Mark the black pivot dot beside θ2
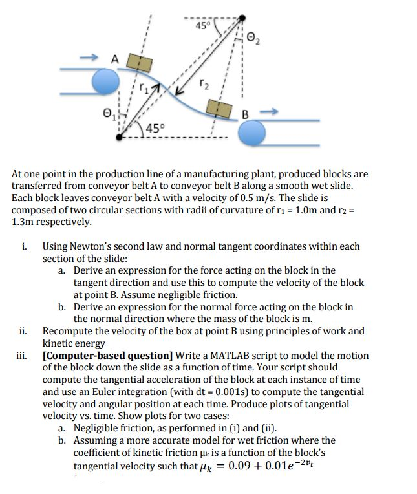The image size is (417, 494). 242,19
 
